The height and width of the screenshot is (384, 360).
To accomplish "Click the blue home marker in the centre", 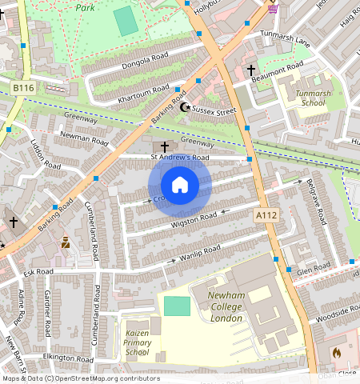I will [x=180, y=185].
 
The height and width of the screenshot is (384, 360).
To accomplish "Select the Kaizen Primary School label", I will [x=138, y=342].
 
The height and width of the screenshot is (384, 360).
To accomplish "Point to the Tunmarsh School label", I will [x=311, y=98].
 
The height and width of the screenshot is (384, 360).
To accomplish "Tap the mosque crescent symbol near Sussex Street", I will [x=186, y=106].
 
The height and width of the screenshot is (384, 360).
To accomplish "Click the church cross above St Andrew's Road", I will [x=165, y=146].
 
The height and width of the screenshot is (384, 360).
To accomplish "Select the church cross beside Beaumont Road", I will [x=250, y=70].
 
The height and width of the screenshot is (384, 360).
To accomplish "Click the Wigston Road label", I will [x=194, y=218].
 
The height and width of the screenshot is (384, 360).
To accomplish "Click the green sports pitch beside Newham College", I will [x=178, y=306].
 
